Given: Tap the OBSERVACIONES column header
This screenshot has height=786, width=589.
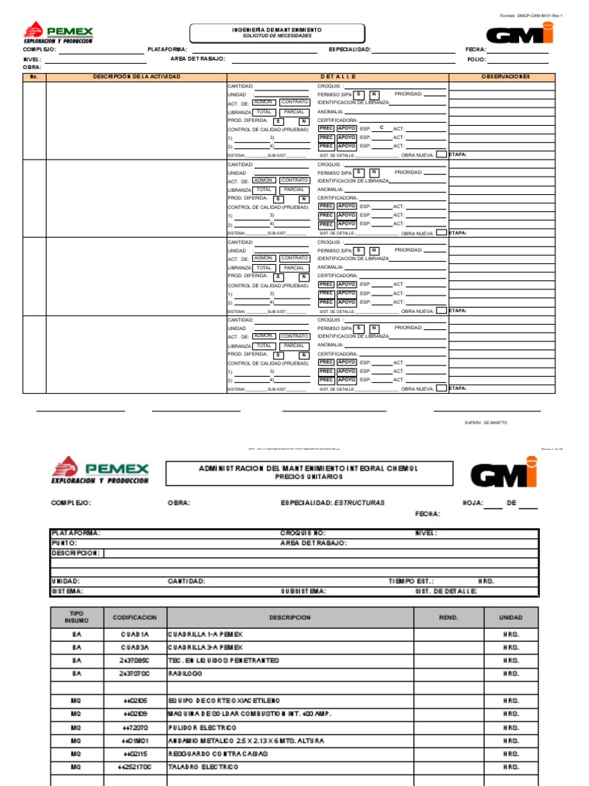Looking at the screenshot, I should (x=505, y=77).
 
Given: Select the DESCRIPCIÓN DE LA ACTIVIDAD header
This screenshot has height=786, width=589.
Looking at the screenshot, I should (x=137, y=77).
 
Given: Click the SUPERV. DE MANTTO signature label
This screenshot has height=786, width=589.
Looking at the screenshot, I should (x=485, y=423).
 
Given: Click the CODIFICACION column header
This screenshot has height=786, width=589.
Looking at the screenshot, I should (x=135, y=617).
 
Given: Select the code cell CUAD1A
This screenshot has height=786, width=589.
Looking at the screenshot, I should (x=135, y=636).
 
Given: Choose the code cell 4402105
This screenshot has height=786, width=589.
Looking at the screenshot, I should (x=135, y=701).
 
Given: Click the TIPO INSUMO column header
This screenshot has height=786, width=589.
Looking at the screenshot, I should (x=76, y=617).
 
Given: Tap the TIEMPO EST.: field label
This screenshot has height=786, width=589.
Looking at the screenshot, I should (x=411, y=581).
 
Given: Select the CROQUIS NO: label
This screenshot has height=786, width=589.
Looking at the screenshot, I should (x=303, y=533).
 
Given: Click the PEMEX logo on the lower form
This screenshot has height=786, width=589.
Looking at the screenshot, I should (x=100, y=471).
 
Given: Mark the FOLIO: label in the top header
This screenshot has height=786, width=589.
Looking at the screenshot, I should (x=477, y=59).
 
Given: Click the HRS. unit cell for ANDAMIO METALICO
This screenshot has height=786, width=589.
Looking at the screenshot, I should (x=511, y=741).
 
